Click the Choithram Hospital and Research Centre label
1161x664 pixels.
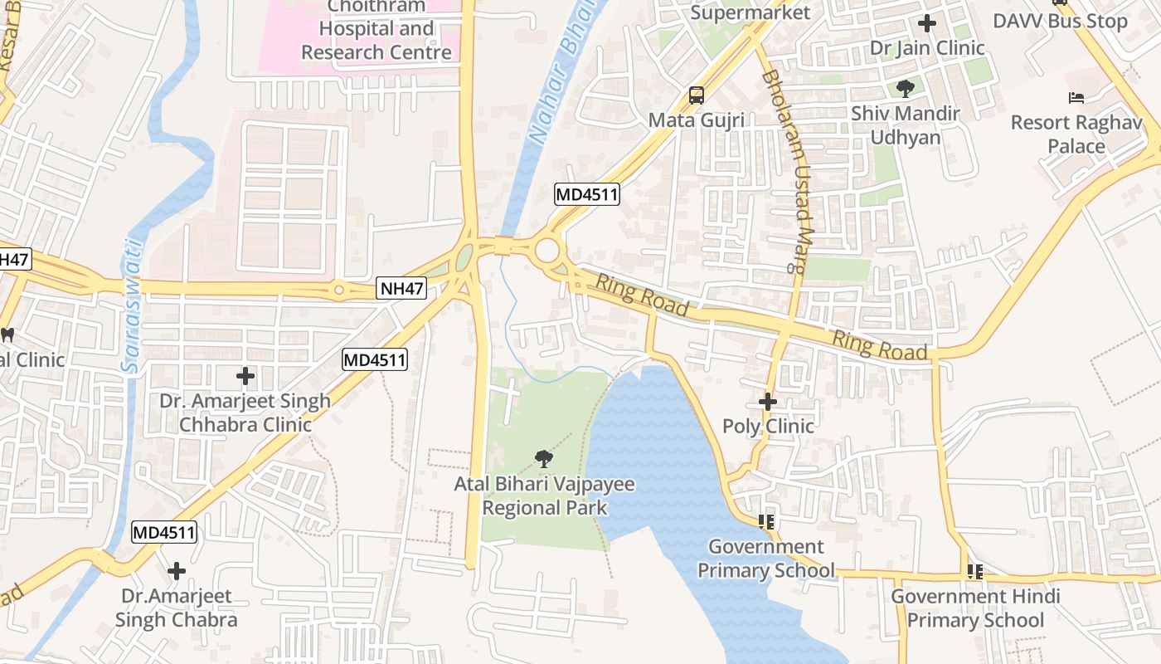pyautogui.click(x=376, y=30)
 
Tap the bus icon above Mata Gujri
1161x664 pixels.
pyautogui.click(x=697, y=95)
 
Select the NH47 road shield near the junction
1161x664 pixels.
pyautogui.click(x=402, y=289)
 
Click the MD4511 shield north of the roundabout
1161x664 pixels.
pyautogui.click(x=587, y=195)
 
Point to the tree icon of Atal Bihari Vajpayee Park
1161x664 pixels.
pyautogui.click(x=544, y=457)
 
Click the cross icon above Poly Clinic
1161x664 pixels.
pyautogui.click(x=768, y=402)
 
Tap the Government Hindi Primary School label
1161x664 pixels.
pyautogui.click(x=974, y=608)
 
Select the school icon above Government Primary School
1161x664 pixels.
pyautogui.click(x=766, y=521)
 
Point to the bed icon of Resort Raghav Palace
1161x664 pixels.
pyautogui.click(x=1076, y=98)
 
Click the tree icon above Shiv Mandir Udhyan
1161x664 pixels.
pyautogui.click(x=905, y=88)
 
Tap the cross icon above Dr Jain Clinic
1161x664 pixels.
pyautogui.click(x=927, y=23)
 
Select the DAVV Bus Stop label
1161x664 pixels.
pyautogui.click(x=1060, y=22)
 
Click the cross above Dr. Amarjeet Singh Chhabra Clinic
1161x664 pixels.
pyautogui.click(x=245, y=376)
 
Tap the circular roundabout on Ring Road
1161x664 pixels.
pyautogui.click(x=547, y=250)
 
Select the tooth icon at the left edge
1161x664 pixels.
pyautogui.click(x=7, y=335)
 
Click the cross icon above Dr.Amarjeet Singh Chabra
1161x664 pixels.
pyautogui.click(x=176, y=571)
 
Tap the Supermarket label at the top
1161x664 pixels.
pyautogui.click(x=750, y=12)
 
